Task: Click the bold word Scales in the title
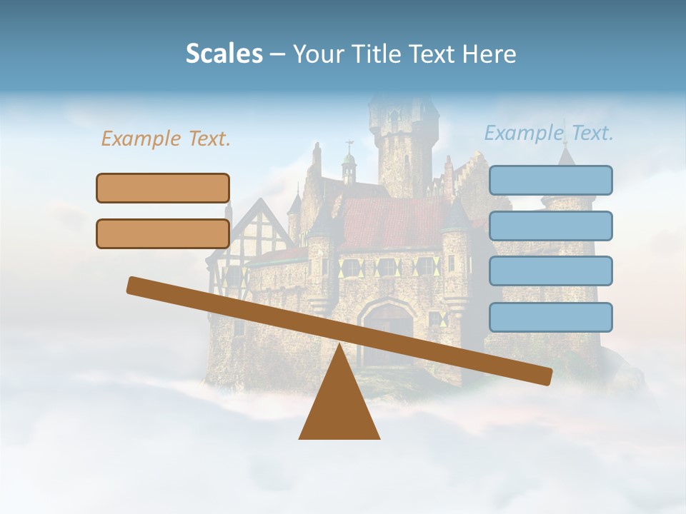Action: [224, 54]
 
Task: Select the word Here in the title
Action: [489, 54]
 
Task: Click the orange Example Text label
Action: [166, 139]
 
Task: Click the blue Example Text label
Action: [549, 133]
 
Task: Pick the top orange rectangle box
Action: [163, 188]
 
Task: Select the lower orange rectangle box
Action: [163, 233]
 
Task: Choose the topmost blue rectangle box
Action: [550, 180]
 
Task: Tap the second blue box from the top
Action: [550, 226]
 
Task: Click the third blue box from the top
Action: [550, 271]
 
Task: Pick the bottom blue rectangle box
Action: [550, 317]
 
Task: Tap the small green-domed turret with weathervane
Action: [349, 166]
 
